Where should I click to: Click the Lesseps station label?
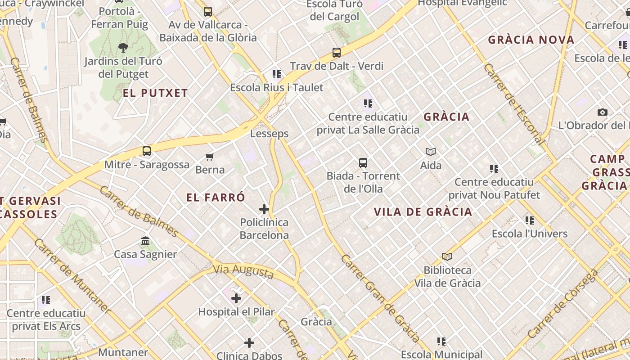pyautogui.click(x=269, y=134)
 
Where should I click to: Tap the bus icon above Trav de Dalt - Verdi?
pyautogui.click(x=336, y=53)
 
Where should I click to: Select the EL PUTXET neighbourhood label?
pyautogui.click(x=155, y=93)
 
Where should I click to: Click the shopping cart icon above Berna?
pyautogui.click(x=209, y=157)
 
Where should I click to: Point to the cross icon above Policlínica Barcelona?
pyautogui.click(x=264, y=209)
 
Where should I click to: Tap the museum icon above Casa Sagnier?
pyautogui.click(x=145, y=241)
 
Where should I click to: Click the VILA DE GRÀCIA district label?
pyautogui.click(x=423, y=212)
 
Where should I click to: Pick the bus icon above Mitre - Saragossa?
pyautogui.click(x=147, y=151)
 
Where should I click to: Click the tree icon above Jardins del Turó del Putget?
pyautogui.click(x=123, y=47)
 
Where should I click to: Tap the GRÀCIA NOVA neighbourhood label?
pyautogui.click(x=531, y=40)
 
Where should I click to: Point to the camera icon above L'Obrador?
pyautogui.click(x=602, y=112)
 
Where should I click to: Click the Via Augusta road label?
pyautogui.click(x=243, y=271)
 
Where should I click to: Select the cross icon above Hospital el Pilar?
pyautogui.click(x=236, y=298)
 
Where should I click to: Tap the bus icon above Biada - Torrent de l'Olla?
pyautogui.click(x=363, y=163)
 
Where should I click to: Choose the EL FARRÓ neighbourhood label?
pyautogui.click(x=216, y=198)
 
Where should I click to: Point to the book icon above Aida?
pyautogui.click(x=431, y=152)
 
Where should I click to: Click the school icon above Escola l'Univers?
pyautogui.click(x=530, y=220)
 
